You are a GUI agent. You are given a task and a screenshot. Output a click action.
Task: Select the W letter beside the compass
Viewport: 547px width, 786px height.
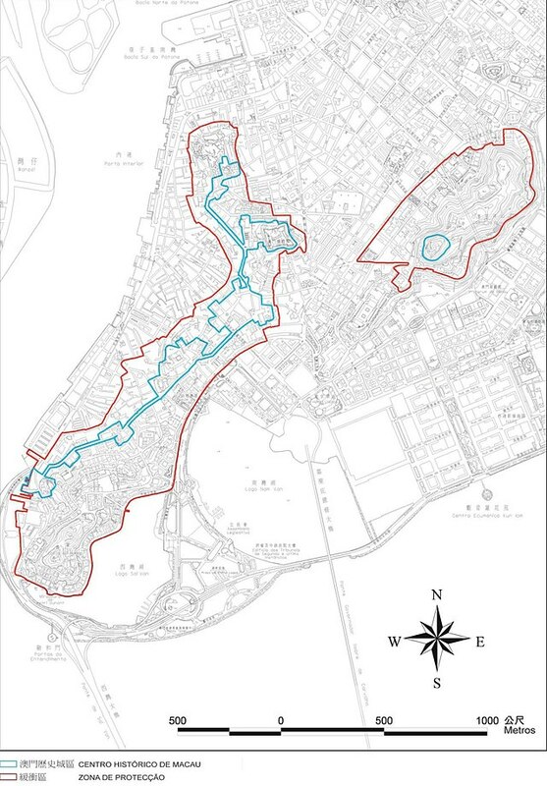tap(394, 642)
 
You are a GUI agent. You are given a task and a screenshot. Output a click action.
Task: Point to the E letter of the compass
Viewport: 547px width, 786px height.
tap(480, 642)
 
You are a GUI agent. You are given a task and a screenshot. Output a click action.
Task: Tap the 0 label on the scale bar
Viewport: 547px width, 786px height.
tap(281, 721)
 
